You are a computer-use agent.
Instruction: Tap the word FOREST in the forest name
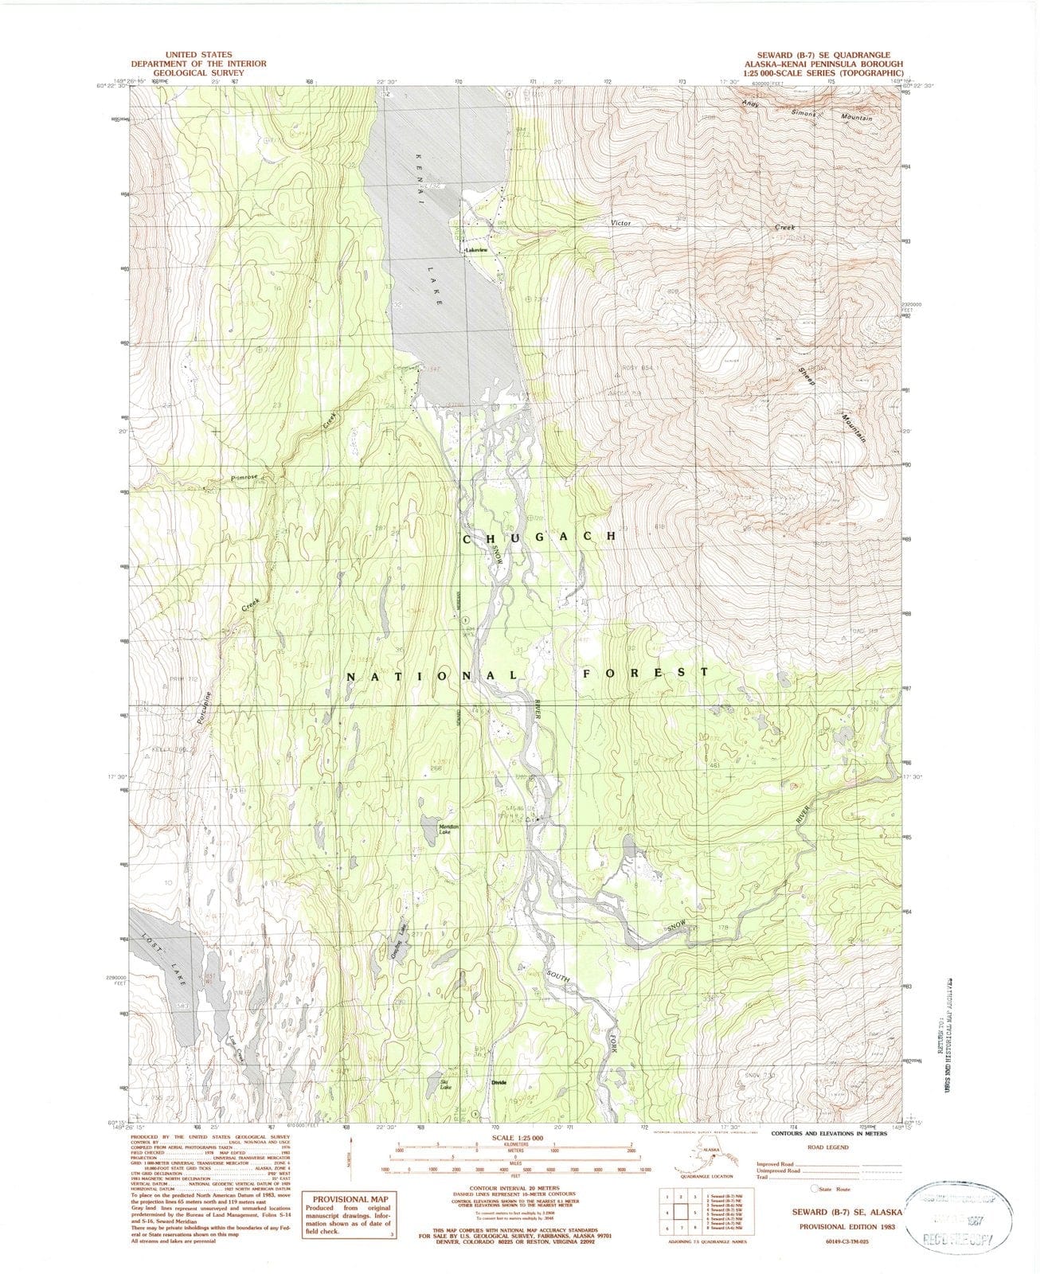coord(645,673)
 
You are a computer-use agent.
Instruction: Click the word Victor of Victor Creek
coord(620,223)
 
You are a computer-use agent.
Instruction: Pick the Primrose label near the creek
coord(244,477)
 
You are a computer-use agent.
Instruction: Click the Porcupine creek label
coord(205,702)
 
